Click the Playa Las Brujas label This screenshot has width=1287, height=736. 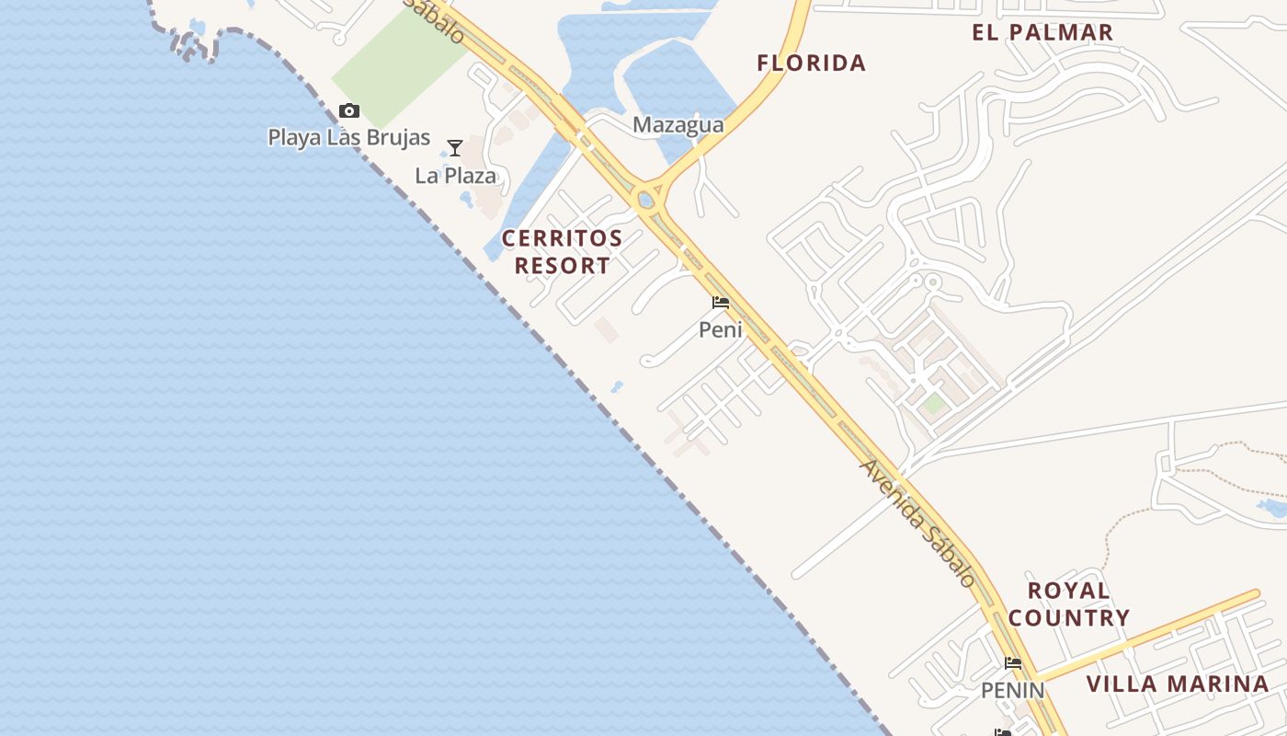(348, 138)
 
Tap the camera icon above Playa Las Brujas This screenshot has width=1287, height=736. (348, 111)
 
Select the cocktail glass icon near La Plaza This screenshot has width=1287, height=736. (454, 148)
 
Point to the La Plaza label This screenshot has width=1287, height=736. (455, 176)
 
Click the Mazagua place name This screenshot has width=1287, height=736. (678, 125)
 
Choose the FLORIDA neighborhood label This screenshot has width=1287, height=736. (811, 63)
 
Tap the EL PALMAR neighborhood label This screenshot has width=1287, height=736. (1042, 32)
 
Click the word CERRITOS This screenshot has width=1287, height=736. (562, 238)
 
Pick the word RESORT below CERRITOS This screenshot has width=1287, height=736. (562, 266)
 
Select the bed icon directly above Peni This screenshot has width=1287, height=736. (721, 302)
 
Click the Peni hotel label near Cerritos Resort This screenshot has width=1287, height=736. (721, 329)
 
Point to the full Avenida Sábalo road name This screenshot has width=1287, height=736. (917, 523)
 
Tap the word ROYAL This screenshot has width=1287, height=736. (1068, 591)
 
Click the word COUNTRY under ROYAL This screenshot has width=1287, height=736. (1068, 618)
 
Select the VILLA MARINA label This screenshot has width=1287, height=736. (1178, 684)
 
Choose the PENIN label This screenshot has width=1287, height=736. (1012, 690)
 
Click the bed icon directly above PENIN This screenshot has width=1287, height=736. (1013, 662)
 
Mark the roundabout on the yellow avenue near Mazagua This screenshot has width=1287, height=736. (647, 198)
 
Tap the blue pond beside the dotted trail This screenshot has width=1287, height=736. (1272, 507)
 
